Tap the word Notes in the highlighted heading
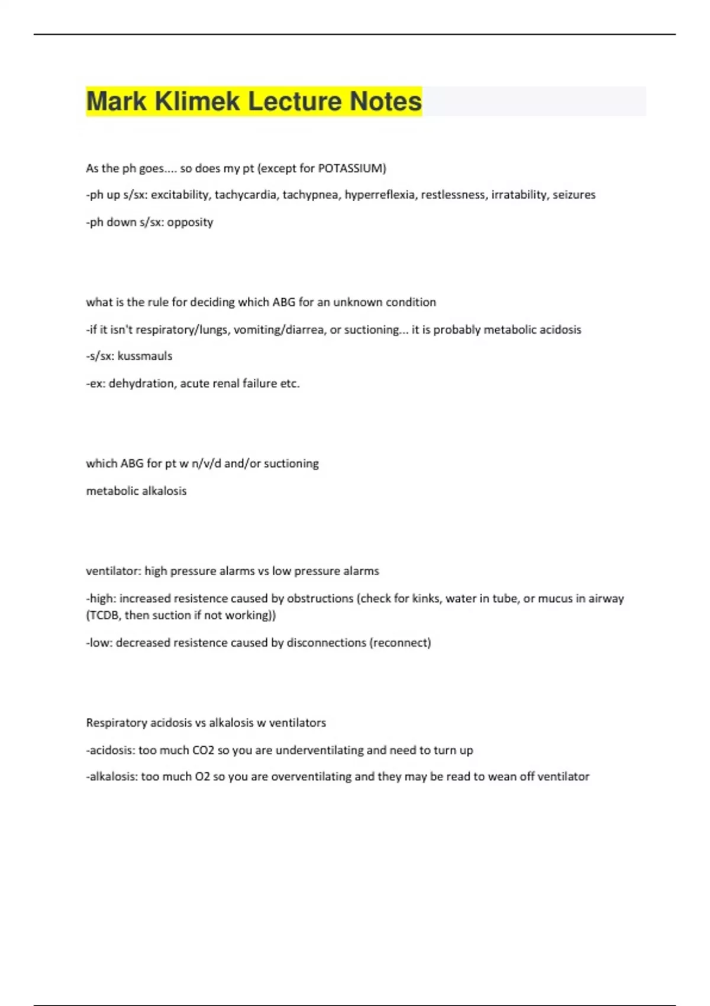coord(385,101)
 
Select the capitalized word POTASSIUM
coord(351,168)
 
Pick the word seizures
coord(574,195)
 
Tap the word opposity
coord(190,222)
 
